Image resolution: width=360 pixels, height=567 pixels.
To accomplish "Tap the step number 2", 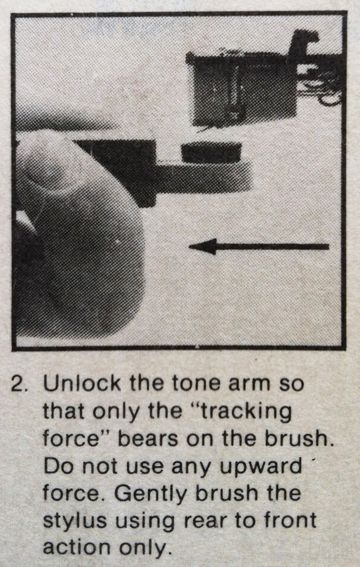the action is tap(18, 385).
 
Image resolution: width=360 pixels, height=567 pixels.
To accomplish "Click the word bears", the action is tap(148, 439).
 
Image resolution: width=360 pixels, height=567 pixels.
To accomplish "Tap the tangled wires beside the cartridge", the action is tap(319, 80).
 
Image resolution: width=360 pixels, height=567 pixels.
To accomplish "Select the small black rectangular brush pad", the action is tap(211, 153).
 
